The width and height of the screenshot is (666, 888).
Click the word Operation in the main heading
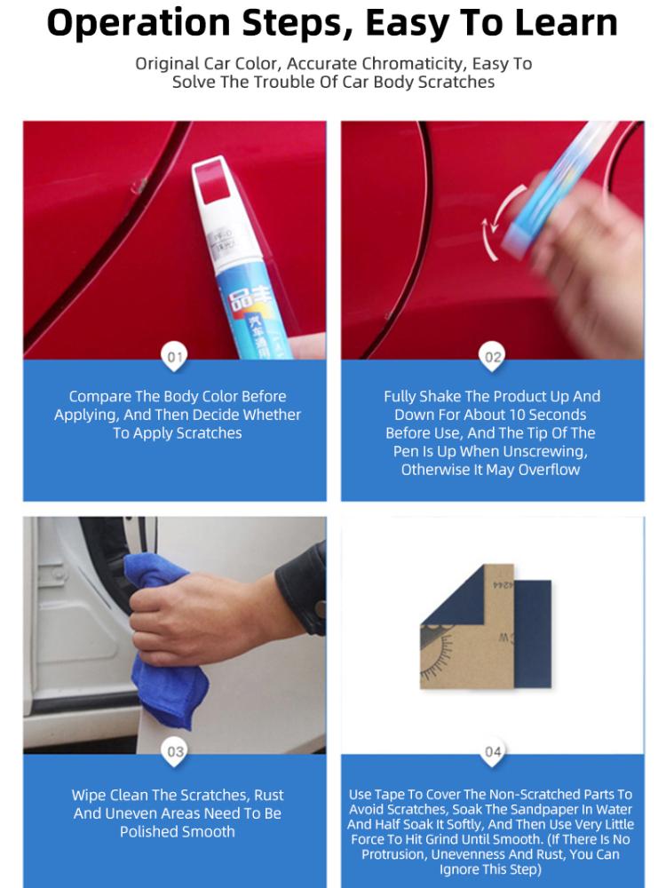(139, 24)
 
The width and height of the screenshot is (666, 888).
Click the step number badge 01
(174, 357)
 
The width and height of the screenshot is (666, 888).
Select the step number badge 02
(493, 357)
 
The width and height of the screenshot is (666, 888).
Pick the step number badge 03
(174, 751)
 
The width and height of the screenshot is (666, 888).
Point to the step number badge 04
(493, 751)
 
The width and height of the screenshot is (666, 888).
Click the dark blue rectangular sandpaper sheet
(532, 633)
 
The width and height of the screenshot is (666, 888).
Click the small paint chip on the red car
(138, 186)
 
